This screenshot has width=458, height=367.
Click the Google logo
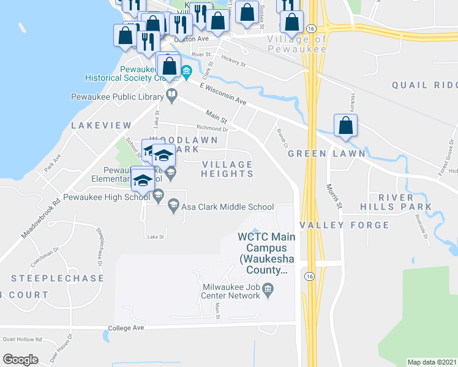(x=20, y=360)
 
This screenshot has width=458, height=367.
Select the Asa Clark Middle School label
(x=227, y=207)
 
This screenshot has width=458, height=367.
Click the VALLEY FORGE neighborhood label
(x=344, y=225)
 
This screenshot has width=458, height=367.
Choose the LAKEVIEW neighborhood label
(x=101, y=125)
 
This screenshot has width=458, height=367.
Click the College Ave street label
(x=126, y=328)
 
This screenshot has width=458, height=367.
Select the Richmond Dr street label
(x=212, y=129)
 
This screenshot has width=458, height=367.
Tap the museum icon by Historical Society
(x=186, y=77)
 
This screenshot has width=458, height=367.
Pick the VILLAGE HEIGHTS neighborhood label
(x=227, y=169)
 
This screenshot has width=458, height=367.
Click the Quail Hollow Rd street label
(x=21, y=339)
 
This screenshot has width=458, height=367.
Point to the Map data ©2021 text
(x=432, y=362)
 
